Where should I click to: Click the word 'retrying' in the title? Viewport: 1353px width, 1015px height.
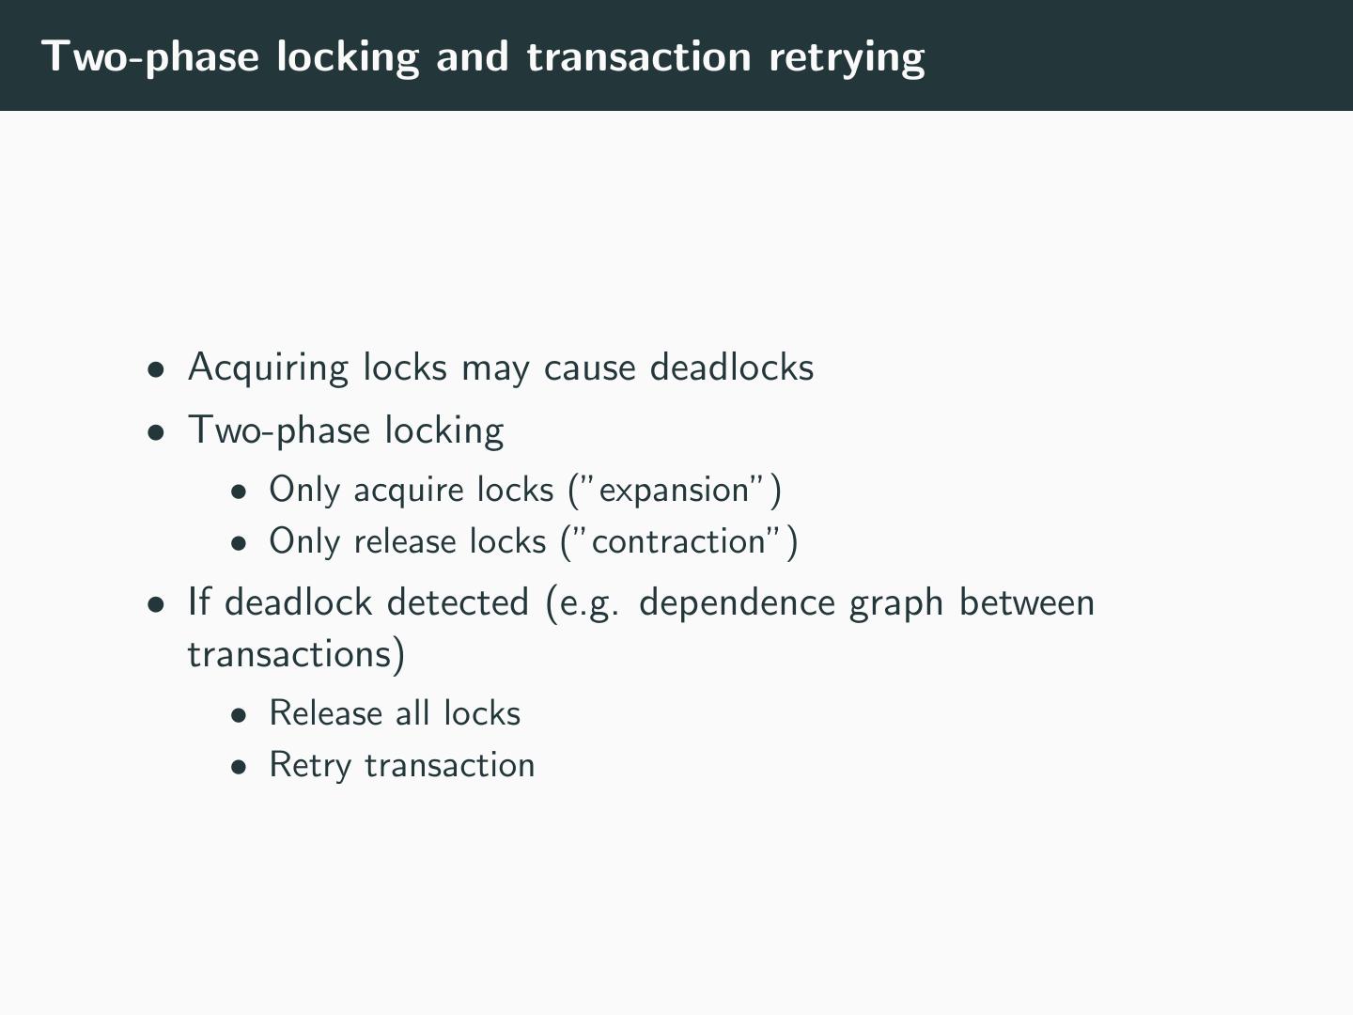point(847,56)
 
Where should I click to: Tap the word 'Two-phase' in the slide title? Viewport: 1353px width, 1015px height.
point(150,56)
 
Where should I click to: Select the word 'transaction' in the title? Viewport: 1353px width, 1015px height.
point(639,56)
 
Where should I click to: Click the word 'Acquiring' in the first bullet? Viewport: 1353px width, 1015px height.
point(269,367)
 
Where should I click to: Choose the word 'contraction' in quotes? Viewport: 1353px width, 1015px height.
point(678,542)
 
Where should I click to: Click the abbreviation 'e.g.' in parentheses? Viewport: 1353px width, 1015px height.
point(589,603)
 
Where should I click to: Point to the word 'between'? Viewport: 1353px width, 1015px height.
point(1026,603)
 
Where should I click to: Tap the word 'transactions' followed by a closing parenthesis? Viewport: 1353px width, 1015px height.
point(290,654)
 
